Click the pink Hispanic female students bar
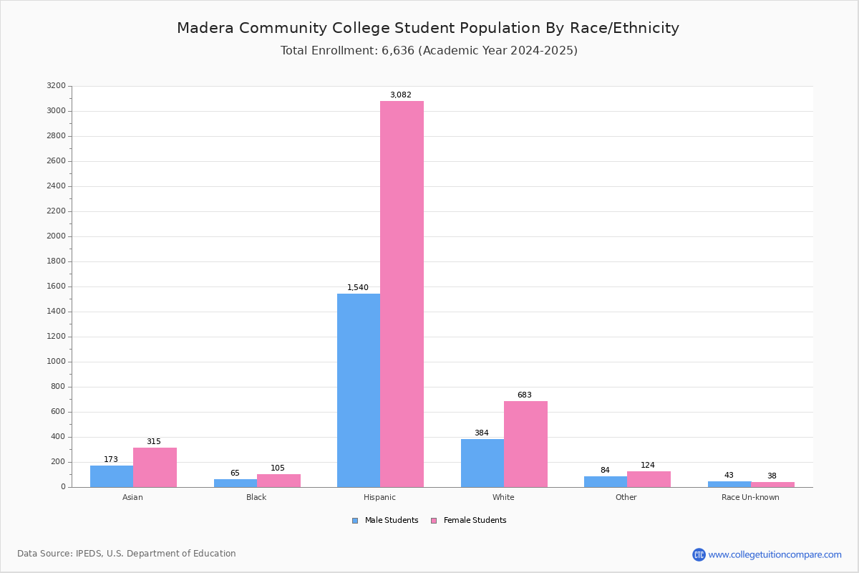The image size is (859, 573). click(x=402, y=294)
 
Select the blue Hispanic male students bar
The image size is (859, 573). click(x=359, y=390)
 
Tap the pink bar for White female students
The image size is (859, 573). click(x=525, y=444)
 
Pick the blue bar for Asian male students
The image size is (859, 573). click(x=112, y=476)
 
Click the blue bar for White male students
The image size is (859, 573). click(x=482, y=463)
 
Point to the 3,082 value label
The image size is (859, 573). click(x=401, y=95)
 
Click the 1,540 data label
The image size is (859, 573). click(x=358, y=287)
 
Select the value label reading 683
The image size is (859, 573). click(x=525, y=395)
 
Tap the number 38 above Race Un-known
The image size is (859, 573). click(x=772, y=476)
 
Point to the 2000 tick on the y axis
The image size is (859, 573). click(x=57, y=236)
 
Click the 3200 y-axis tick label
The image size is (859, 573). click(x=57, y=85)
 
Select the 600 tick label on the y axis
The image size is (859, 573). click(x=58, y=411)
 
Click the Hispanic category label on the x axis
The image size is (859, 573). click(x=379, y=497)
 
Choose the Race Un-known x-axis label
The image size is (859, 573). click(x=750, y=497)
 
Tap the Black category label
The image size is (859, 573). click(x=256, y=497)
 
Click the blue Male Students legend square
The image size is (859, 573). click(x=355, y=521)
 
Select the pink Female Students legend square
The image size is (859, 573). click(x=434, y=521)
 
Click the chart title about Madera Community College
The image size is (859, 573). click(x=428, y=28)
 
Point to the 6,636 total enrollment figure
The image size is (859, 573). click(x=398, y=51)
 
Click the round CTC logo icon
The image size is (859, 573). click(x=699, y=554)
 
